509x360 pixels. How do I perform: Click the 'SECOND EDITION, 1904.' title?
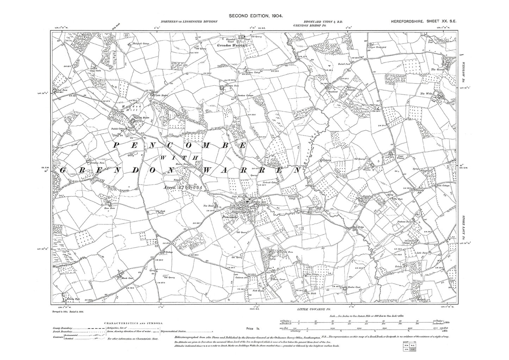pyautogui.click(x=256, y=15)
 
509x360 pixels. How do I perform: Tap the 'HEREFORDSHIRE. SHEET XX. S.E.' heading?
pyautogui.click(x=423, y=21)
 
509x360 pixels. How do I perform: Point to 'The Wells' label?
pyautogui.click(x=426, y=94)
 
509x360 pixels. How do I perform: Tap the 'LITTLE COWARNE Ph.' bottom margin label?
pyautogui.click(x=311, y=309)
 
